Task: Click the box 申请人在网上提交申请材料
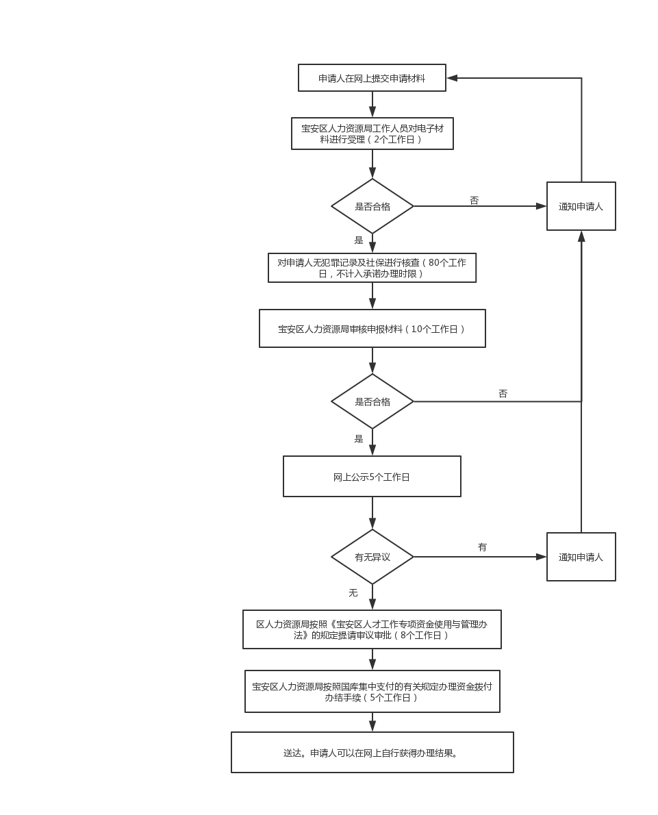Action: (x=372, y=78)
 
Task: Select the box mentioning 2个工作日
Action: (x=372, y=134)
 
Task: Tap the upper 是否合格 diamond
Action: (x=372, y=206)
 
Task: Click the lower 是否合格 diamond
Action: (x=372, y=401)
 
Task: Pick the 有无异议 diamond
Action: (x=372, y=557)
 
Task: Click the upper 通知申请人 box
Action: (x=581, y=206)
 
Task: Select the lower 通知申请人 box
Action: (x=581, y=557)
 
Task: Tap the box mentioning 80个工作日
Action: (x=372, y=268)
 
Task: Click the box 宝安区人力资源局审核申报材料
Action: (x=372, y=329)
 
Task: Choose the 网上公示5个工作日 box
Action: (x=372, y=477)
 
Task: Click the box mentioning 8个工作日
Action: (x=372, y=629)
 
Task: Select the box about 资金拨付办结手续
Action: (x=372, y=691)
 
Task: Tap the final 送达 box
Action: (x=372, y=753)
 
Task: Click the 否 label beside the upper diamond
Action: (x=474, y=200)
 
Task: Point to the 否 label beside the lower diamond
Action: (x=503, y=394)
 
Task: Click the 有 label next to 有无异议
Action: (x=482, y=547)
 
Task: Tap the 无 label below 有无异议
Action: (x=353, y=592)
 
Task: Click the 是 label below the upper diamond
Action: (x=359, y=240)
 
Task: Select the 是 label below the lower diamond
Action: (x=359, y=439)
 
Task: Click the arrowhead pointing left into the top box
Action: (x=452, y=78)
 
